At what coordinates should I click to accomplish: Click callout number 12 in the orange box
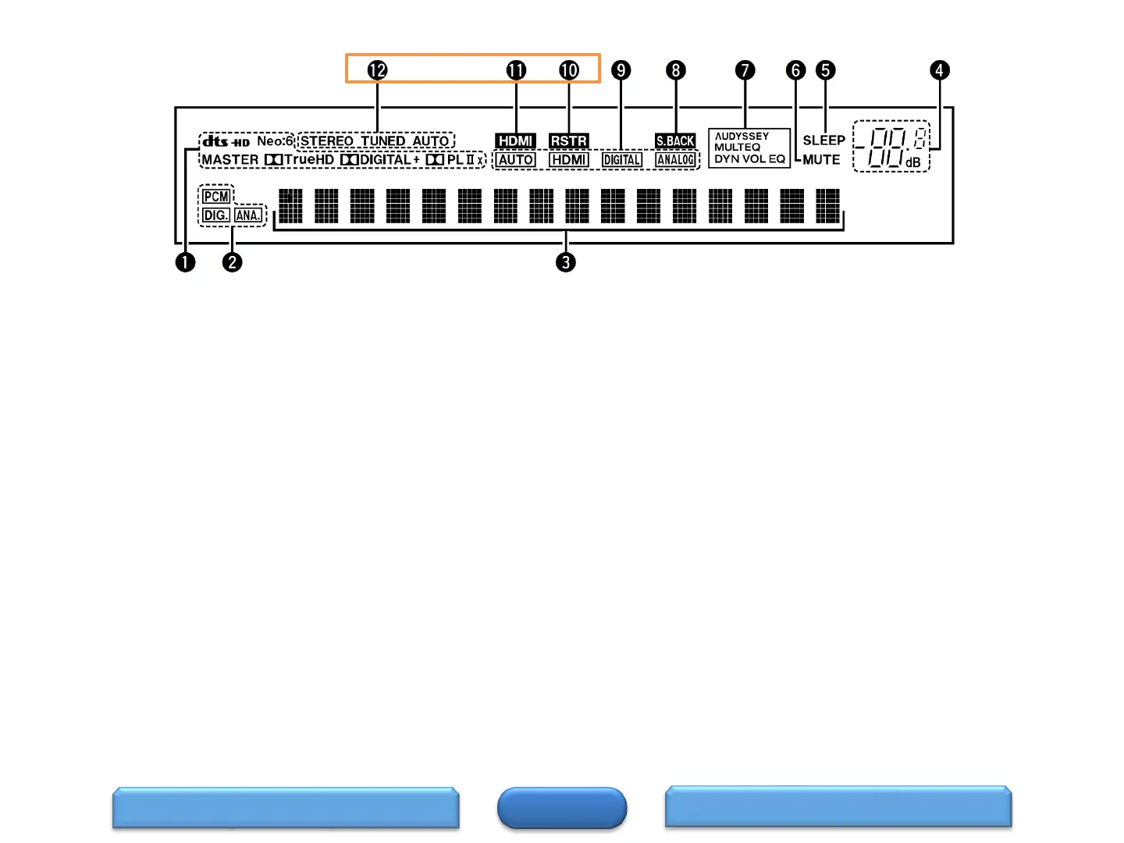pos(377,70)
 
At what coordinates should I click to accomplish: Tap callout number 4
pos(940,70)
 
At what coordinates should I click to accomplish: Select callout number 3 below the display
pos(566,262)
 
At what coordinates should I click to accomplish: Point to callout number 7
pos(745,70)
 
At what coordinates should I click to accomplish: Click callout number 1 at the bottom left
pos(185,262)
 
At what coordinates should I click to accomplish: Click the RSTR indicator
pos(568,141)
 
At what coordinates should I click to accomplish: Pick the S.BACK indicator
pos(675,141)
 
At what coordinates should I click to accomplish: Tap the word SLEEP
pos(823,140)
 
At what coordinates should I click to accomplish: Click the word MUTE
pos(821,160)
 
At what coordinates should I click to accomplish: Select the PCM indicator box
pos(216,197)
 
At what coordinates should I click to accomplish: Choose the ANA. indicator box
pos(248,215)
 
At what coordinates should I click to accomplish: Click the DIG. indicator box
pos(215,215)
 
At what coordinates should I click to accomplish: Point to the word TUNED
pos(382,141)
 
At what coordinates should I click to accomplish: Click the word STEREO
pos(327,141)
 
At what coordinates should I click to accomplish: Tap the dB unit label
pos(912,162)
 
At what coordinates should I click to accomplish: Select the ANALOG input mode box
pos(675,160)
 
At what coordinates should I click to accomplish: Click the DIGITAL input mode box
pos(622,160)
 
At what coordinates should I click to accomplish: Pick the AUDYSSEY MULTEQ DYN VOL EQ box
pos(749,148)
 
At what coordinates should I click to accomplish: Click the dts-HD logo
pos(226,141)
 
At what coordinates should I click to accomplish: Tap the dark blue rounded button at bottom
pos(562,808)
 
